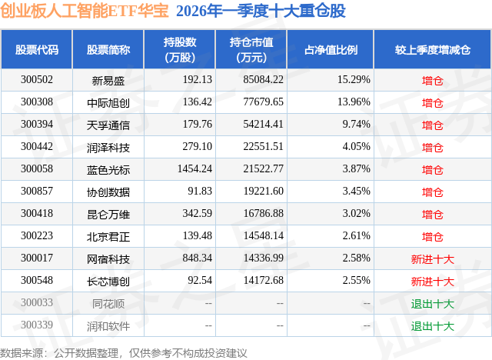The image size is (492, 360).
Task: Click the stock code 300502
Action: pos(37,79)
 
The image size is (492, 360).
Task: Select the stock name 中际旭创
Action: pos(108,102)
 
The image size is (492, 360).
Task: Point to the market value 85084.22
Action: pos(262,79)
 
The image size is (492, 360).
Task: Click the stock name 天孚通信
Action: pos(108,125)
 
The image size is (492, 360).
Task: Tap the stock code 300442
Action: pos(37,147)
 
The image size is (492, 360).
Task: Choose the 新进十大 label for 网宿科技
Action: pos(433,259)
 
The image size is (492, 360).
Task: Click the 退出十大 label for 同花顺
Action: pos(433,304)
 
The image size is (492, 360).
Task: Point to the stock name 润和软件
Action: pos(108,326)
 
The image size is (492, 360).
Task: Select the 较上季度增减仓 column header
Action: pos(433,49)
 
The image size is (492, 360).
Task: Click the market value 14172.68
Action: pos(262,282)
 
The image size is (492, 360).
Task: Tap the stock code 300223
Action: pos(37,237)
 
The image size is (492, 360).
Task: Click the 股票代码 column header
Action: pos(37,49)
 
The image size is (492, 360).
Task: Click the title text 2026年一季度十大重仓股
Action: pos(261,12)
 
